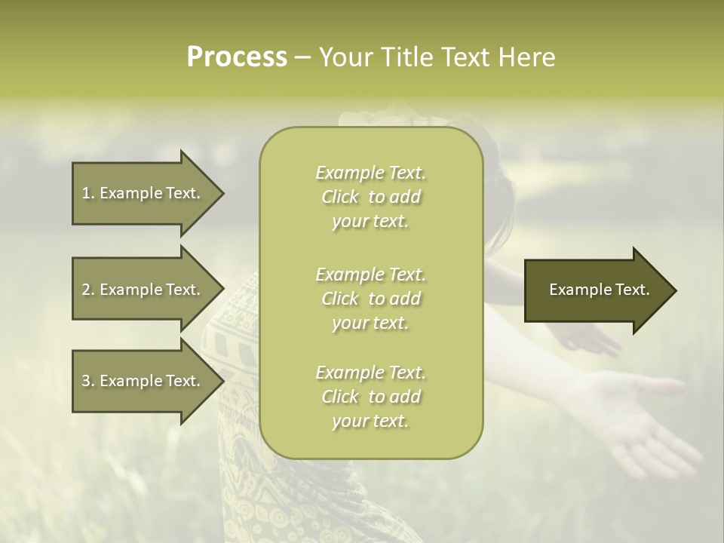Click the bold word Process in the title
pos(237,57)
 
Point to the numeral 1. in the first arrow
pos(88,193)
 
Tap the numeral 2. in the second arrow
pos(88,290)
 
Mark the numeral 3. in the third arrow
pos(88,381)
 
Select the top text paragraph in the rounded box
pos(370,197)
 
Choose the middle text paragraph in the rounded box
pos(370,298)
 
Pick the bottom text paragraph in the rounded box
pos(370,397)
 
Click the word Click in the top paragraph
pos(341,198)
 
